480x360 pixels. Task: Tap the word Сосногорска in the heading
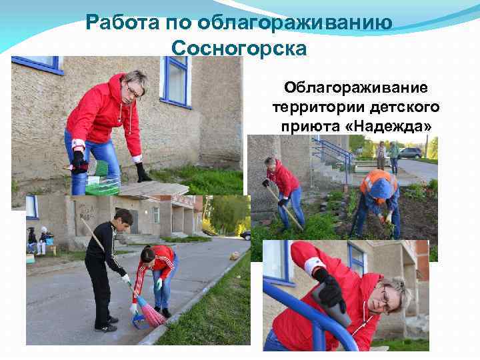(x=239, y=48)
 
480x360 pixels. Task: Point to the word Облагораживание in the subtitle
(x=356, y=89)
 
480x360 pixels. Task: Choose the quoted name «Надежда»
(x=389, y=127)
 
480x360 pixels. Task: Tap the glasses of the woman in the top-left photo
(x=132, y=91)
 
